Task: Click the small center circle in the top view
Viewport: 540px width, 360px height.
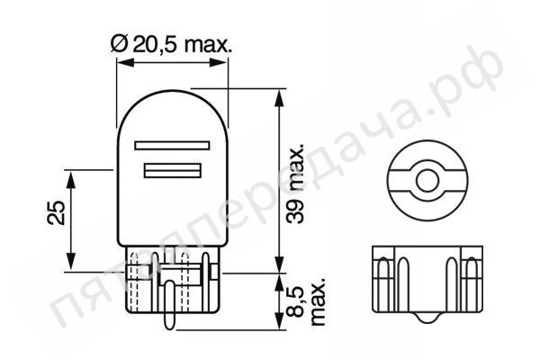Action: (424, 180)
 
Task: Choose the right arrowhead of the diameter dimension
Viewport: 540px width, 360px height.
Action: (225, 64)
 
